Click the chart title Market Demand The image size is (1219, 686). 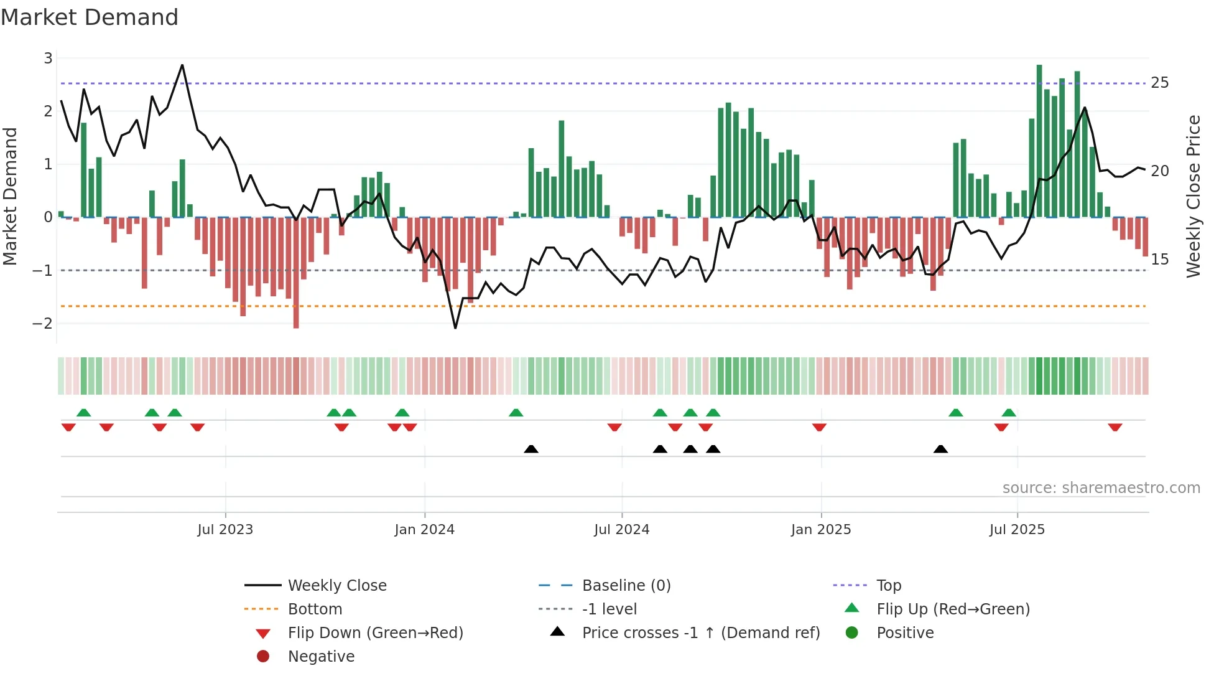[x=90, y=17]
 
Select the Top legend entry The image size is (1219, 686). [x=888, y=585]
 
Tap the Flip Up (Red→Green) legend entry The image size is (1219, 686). [x=953, y=609]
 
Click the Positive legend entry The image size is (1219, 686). [x=905, y=632]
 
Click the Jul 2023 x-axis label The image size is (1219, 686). [x=225, y=529]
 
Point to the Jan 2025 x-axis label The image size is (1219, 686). [x=820, y=529]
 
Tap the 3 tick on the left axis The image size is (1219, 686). [x=48, y=59]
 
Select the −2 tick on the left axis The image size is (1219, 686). [x=43, y=323]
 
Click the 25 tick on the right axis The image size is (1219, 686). [x=1159, y=83]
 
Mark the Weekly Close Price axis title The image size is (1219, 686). [x=1193, y=196]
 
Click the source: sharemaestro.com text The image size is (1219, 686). [x=1101, y=487]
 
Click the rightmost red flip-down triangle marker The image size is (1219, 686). [x=1115, y=427]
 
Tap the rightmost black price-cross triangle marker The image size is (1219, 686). [x=940, y=449]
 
